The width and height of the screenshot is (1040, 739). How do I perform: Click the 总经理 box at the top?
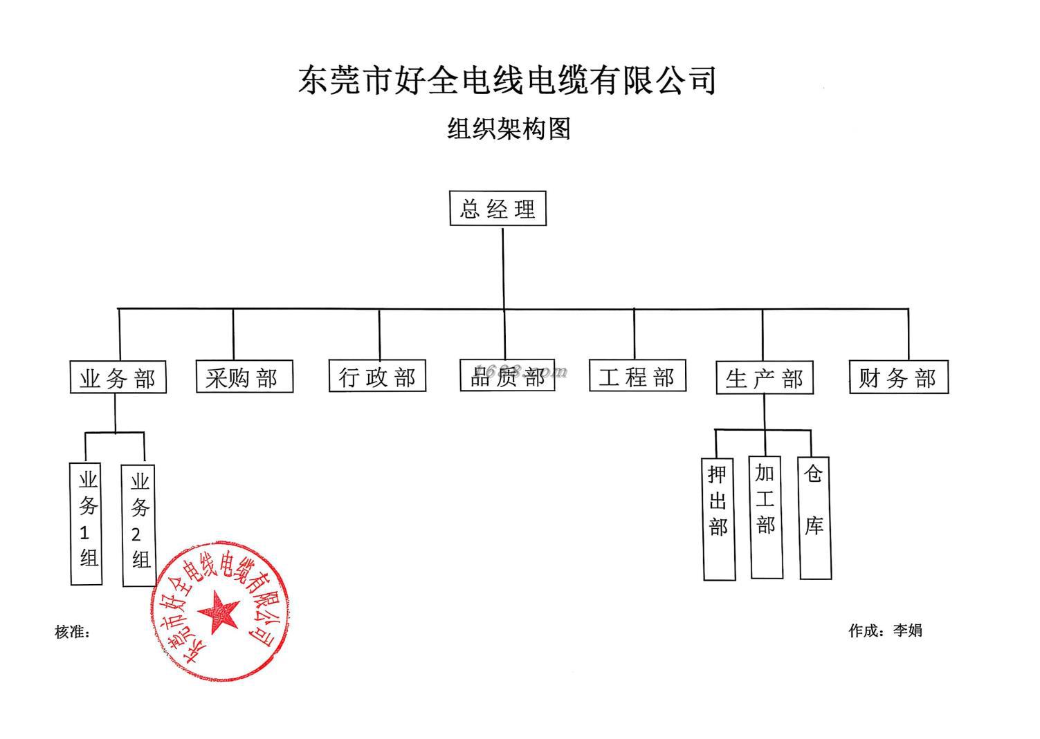click(x=498, y=209)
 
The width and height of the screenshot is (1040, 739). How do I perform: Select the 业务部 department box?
click(x=118, y=377)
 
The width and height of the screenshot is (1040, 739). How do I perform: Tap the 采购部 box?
click(x=244, y=377)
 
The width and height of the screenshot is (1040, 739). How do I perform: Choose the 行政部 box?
click(x=377, y=376)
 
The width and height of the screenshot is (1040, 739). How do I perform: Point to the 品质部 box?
click(x=507, y=375)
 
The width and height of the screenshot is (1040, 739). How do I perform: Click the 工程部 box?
click(x=637, y=376)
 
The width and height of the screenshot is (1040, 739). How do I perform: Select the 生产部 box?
click(x=765, y=377)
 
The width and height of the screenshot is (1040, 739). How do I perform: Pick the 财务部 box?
click(x=898, y=377)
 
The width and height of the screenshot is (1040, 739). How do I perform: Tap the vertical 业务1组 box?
click(x=86, y=523)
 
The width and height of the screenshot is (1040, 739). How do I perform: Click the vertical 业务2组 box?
click(x=138, y=525)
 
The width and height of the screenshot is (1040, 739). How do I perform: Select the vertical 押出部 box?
click(x=719, y=518)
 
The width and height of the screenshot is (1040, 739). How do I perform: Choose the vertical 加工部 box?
click(x=766, y=517)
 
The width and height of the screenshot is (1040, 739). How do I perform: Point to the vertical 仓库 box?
click(x=814, y=517)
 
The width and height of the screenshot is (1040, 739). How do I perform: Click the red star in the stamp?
click(x=219, y=611)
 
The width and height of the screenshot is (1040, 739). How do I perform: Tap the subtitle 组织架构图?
click(x=509, y=129)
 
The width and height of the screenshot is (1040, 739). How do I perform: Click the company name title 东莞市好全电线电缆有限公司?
click(x=507, y=79)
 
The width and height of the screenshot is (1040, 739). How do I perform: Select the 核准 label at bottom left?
click(x=72, y=632)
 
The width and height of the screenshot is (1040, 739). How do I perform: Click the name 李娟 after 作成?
click(x=907, y=630)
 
